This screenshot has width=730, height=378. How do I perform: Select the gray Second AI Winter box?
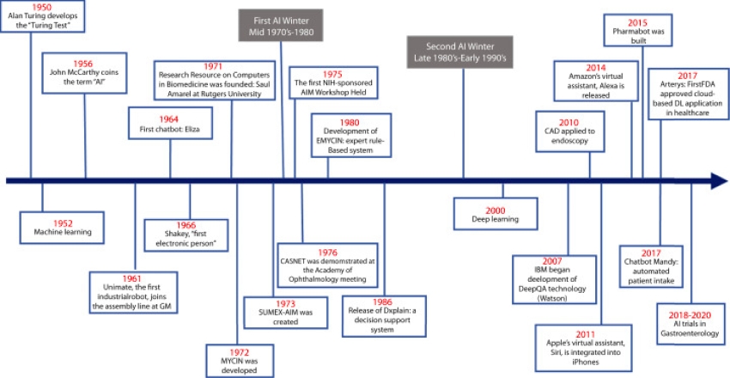[x=459, y=51]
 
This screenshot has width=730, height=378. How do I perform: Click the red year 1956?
[x=83, y=63]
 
